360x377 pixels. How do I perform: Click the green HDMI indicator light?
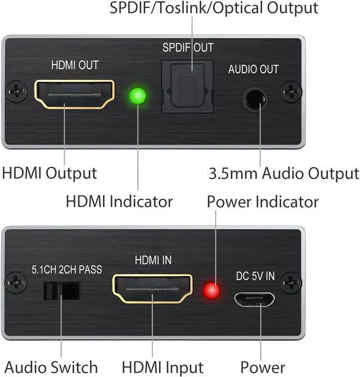coord(137,96)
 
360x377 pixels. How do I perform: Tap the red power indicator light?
coord(211,290)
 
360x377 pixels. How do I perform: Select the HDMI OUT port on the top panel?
coord(75,94)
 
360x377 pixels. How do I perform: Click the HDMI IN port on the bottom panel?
coord(153,289)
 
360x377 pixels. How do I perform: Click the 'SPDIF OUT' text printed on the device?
coord(188,48)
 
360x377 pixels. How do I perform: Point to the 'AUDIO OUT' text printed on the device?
coord(253,70)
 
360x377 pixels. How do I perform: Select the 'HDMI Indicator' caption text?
coord(119,200)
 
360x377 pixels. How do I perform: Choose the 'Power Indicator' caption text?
coord(263,201)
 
